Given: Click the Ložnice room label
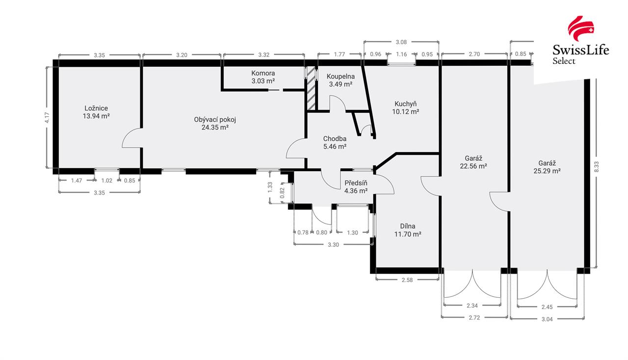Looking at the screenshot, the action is pyautogui.click(x=96, y=108).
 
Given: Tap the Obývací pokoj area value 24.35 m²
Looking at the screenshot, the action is pyautogui.click(x=215, y=128).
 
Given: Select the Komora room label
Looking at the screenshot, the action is pyautogui.click(x=263, y=73).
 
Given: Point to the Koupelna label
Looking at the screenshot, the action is pyautogui.click(x=340, y=77).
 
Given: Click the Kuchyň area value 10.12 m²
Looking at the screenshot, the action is pyautogui.click(x=405, y=112).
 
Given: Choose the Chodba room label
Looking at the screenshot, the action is pyautogui.click(x=335, y=139).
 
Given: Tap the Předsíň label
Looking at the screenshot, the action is pyautogui.click(x=356, y=183).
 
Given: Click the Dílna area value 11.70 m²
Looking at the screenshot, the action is pyautogui.click(x=408, y=234).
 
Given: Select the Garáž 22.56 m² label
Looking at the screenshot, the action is pyautogui.click(x=473, y=162).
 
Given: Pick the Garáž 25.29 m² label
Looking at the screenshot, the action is pyautogui.click(x=547, y=167).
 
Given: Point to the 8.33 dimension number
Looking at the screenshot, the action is pyautogui.click(x=596, y=167).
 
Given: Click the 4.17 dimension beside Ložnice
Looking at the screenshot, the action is pyautogui.click(x=47, y=118).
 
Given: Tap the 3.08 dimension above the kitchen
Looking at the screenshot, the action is pyautogui.click(x=401, y=42).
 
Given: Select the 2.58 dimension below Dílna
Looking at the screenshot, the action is pyautogui.click(x=407, y=280).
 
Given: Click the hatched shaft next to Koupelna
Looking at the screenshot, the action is pyautogui.click(x=311, y=88).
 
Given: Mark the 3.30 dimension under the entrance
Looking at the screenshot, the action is pyautogui.click(x=333, y=245).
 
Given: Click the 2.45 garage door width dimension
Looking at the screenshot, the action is pyautogui.click(x=547, y=307).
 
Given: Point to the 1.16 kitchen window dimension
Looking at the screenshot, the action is pyautogui.click(x=401, y=54).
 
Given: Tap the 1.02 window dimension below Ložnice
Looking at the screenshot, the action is pyautogui.click(x=107, y=180).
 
